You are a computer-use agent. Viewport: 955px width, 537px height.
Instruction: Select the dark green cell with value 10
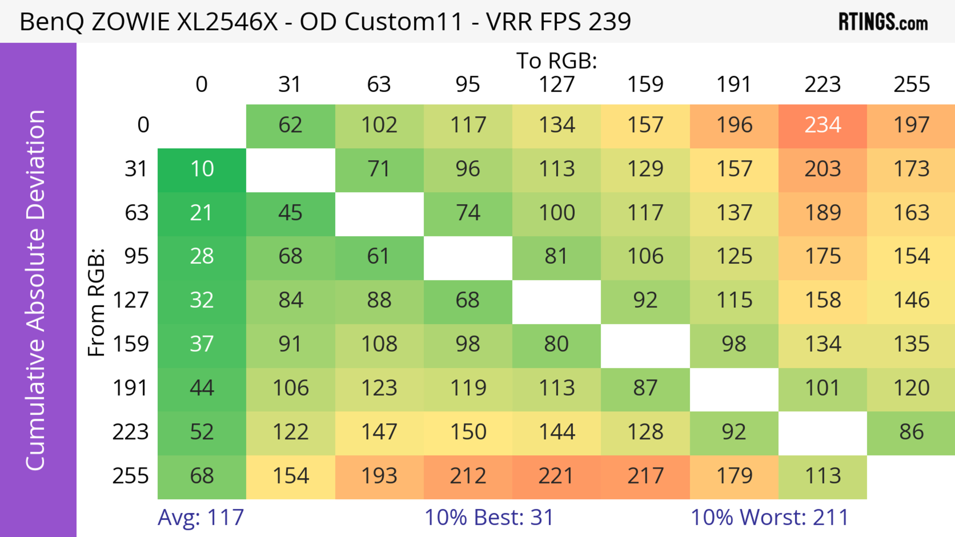pyautogui.click(x=202, y=169)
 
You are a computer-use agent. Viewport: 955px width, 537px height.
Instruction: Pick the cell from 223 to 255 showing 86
pyautogui.click(x=911, y=432)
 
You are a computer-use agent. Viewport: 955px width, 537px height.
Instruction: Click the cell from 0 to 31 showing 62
pyautogui.click(x=290, y=125)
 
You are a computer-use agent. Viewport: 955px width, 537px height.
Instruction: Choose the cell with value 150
pyautogui.click(x=468, y=432)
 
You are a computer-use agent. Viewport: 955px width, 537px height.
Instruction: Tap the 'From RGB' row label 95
pyautogui.click(x=137, y=256)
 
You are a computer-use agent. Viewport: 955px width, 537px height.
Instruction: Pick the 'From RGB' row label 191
pyautogui.click(x=131, y=388)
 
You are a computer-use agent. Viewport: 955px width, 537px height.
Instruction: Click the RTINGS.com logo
pyautogui.click(x=883, y=22)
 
